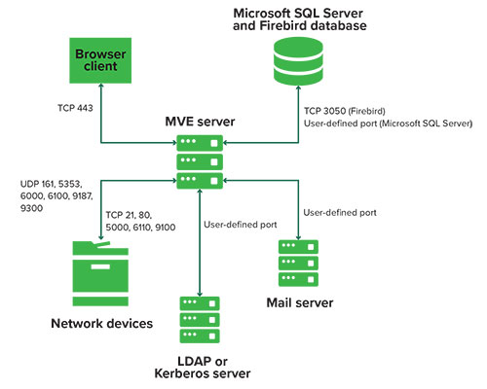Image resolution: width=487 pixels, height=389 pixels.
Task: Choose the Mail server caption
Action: [300, 302]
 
